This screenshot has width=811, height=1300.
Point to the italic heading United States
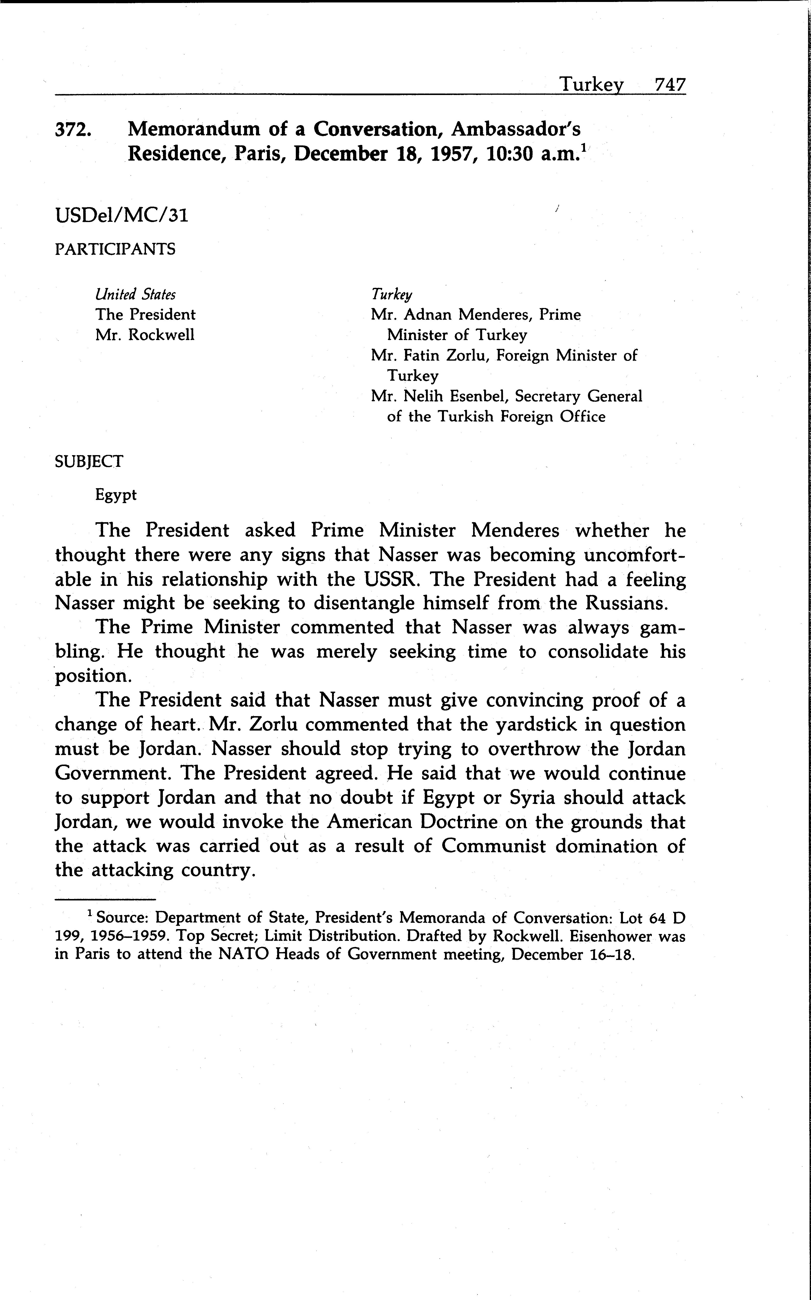coord(135,295)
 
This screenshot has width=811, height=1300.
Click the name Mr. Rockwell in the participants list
coord(145,335)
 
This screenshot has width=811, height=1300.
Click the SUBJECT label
coord(89,461)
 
